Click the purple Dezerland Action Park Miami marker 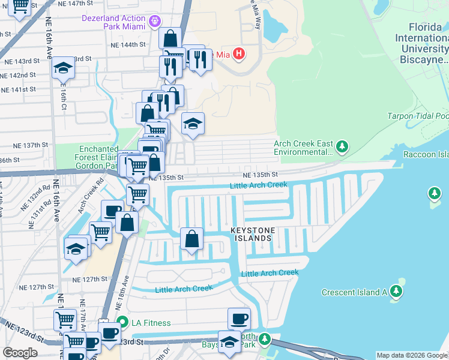tap(156, 21)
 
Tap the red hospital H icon tap(239, 54)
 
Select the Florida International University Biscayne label tap(427, 43)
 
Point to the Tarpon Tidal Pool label tap(418, 116)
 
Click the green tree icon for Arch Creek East tap(342, 146)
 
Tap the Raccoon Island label tap(427, 154)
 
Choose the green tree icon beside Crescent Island tap(396, 292)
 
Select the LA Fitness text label tap(151, 323)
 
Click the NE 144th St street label tap(128, 45)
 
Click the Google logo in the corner tap(20, 352)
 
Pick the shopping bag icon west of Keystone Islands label tap(191, 239)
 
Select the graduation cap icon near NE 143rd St tap(62, 69)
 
